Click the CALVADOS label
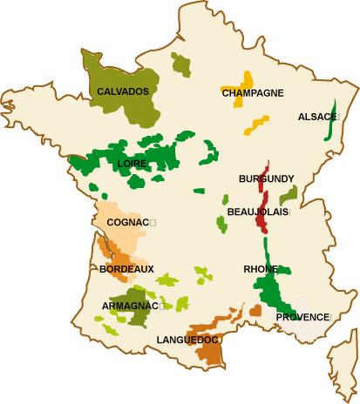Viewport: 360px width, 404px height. (123, 91)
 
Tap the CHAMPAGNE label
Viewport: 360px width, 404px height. (253, 93)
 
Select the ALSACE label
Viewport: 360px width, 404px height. (317, 117)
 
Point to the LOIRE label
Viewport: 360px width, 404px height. (131, 164)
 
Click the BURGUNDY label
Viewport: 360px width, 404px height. (266, 178)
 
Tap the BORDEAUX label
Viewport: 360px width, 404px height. (126, 269)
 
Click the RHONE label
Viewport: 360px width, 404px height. (261, 269)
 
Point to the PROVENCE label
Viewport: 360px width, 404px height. (303, 317)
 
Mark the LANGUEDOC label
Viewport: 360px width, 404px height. (187, 340)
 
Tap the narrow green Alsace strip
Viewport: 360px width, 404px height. (330, 126)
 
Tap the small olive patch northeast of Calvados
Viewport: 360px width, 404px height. (180, 64)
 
